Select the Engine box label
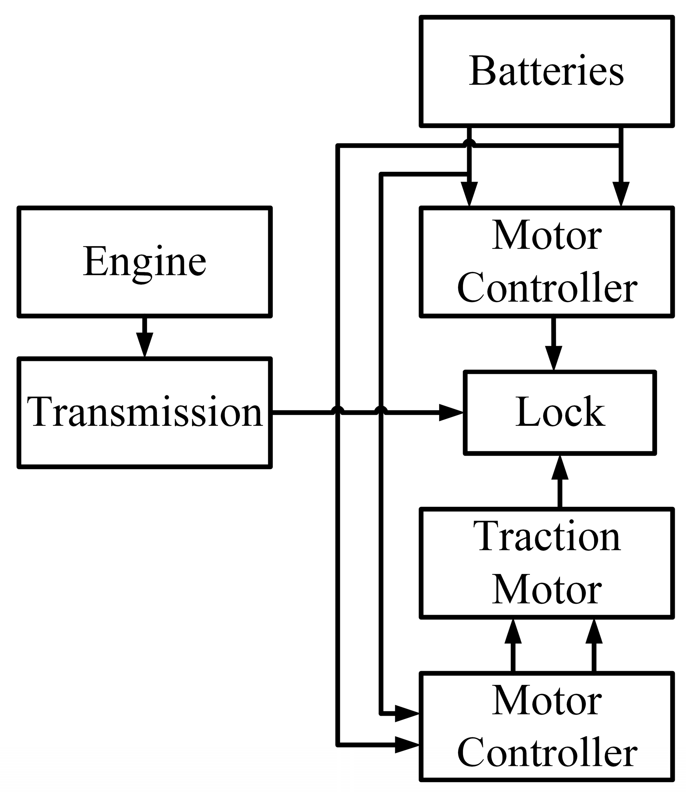pos(144,262)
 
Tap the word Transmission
pos(144,412)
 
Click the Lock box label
pos(560,412)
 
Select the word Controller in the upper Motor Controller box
pos(547,288)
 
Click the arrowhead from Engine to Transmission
pos(144,344)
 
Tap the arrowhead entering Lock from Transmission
pos(451,413)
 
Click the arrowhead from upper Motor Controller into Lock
pos(553,357)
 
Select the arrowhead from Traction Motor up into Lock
pos(560,468)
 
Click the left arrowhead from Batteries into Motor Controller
pos(469,194)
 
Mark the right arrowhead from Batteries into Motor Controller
pos(621,194)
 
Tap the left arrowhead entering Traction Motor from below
pos(513,632)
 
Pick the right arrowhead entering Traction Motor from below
pos(594,632)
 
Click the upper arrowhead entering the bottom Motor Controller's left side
pos(407,713)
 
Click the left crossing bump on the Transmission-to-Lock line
pos(337,410)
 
